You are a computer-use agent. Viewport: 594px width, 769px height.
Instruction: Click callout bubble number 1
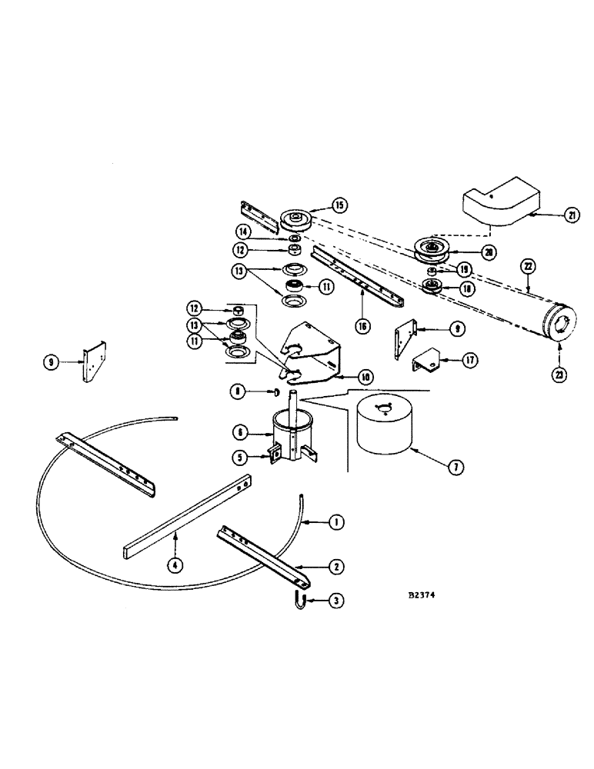(x=335, y=523)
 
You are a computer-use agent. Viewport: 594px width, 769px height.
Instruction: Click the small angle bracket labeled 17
(x=425, y=358)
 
